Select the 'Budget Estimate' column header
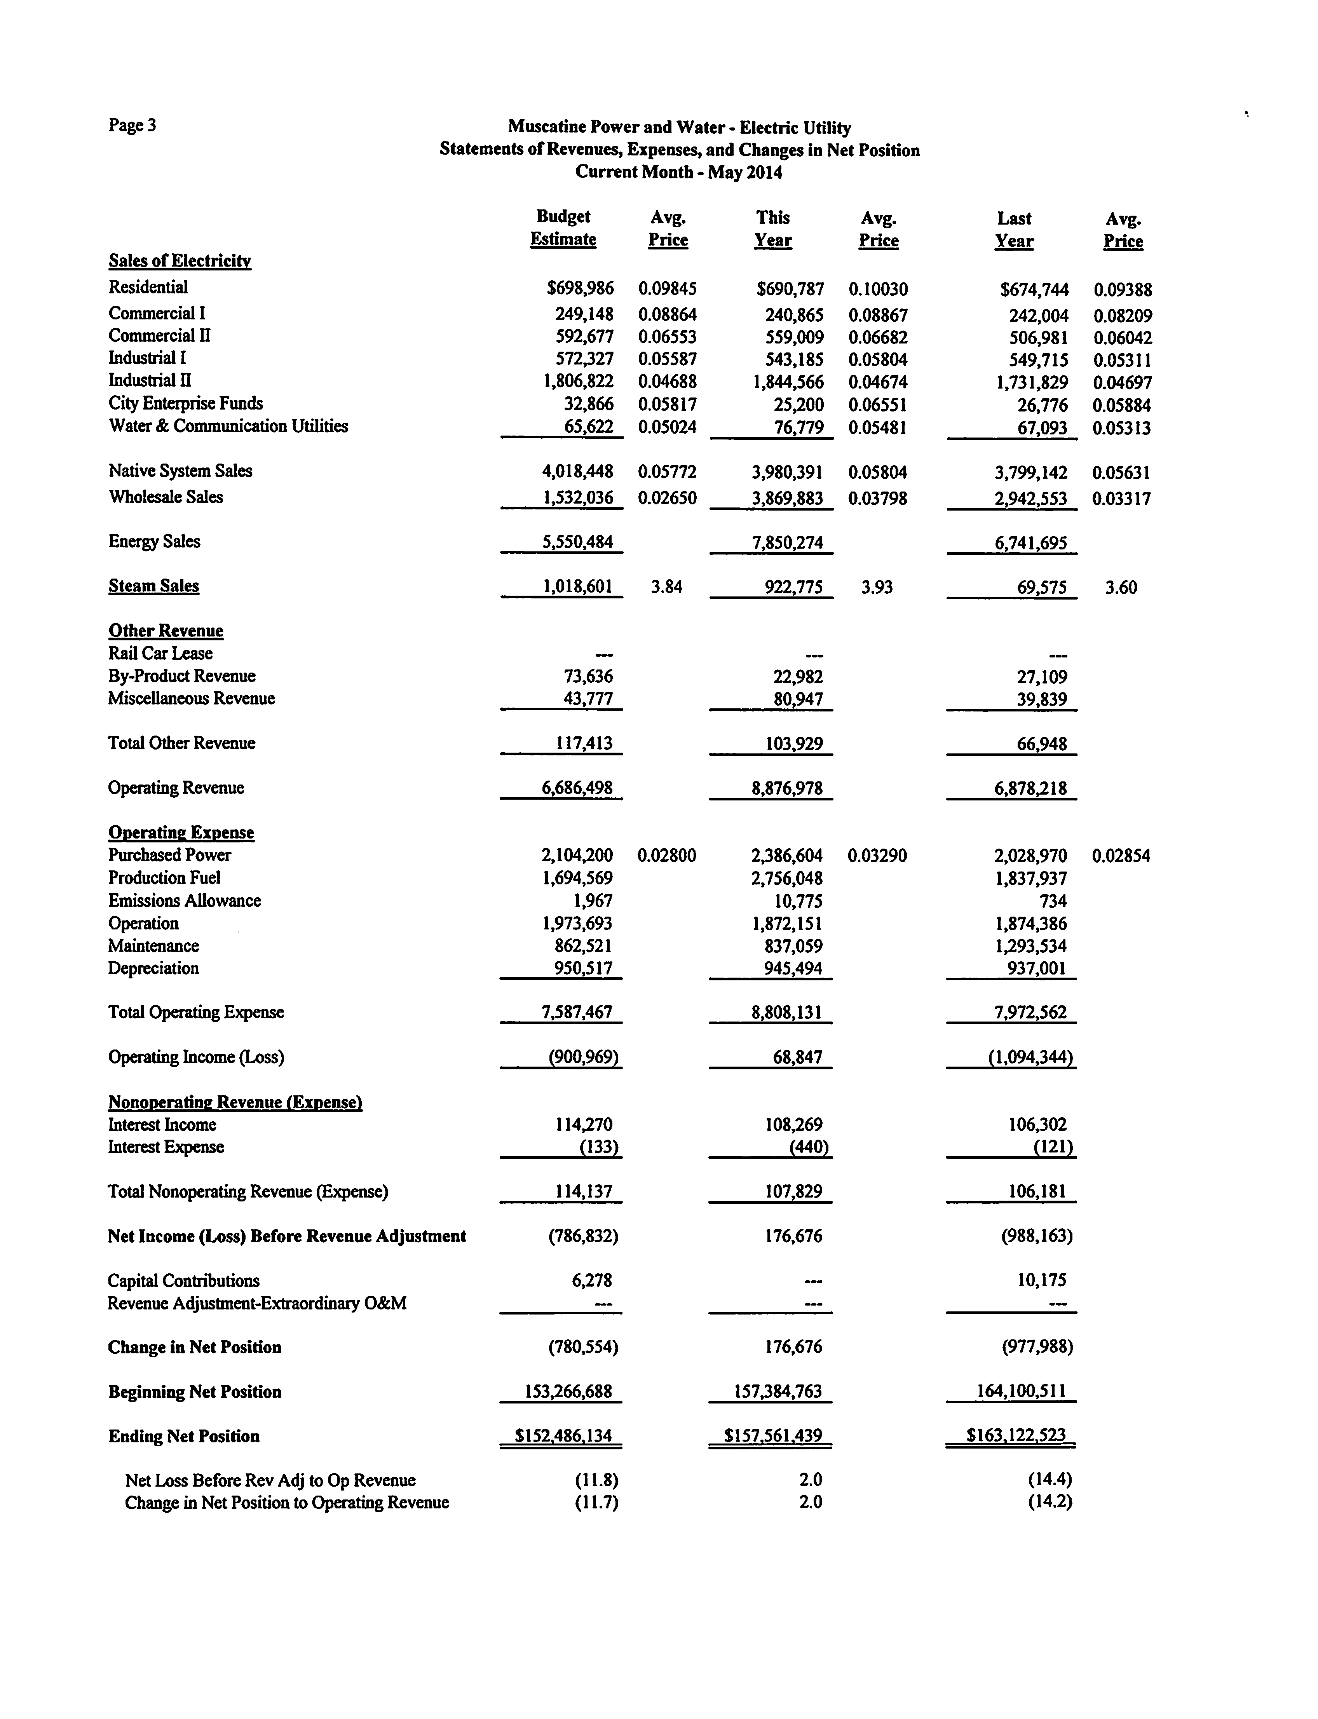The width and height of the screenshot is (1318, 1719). [x=563, y=228]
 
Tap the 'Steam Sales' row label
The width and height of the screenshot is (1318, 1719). [x=154, y=586]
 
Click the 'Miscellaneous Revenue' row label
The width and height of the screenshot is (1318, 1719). [x=192, y=698]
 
